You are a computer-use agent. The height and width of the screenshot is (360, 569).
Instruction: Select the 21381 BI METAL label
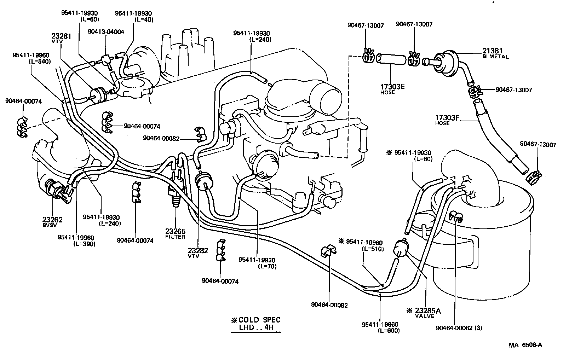[495, 53]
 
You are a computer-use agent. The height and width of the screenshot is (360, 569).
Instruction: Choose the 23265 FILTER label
[175, 234]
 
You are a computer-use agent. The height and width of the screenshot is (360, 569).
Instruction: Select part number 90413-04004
[106, 32]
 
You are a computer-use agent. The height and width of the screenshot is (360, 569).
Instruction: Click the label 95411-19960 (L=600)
[380, 327]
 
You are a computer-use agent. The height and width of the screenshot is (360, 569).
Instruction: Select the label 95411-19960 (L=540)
[31, 58]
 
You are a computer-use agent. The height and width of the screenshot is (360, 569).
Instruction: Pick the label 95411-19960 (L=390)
[76, 240]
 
